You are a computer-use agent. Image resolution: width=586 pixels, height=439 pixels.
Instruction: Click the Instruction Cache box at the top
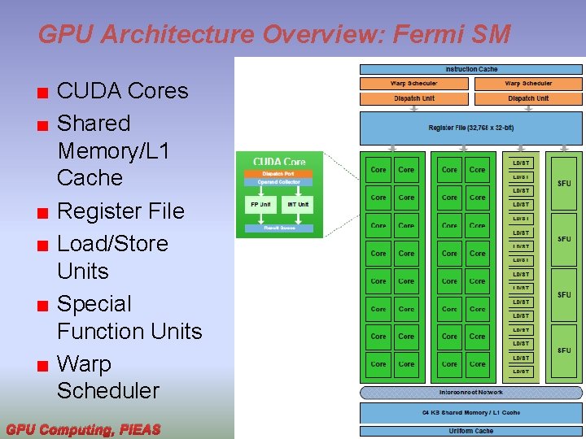point(471,69)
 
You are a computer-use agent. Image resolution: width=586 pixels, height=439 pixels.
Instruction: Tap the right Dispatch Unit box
point(528,98)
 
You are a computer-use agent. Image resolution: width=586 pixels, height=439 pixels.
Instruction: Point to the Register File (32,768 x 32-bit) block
point(471,128)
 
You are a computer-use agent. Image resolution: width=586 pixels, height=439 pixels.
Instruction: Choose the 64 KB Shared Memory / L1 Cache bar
point(471,413)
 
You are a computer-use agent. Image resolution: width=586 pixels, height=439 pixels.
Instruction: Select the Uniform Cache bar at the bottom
point(471,431)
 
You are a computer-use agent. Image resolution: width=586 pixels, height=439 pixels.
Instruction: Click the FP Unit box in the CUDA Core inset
point(260,204)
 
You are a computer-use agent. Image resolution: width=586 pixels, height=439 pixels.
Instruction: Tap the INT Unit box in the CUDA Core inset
point(298,204)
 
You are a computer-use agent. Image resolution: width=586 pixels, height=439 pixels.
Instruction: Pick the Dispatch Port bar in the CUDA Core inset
point(278,174)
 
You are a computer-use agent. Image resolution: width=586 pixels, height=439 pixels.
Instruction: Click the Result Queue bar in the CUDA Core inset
point(278,228)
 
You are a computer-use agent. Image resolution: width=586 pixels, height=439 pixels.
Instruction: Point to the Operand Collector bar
point(278,182)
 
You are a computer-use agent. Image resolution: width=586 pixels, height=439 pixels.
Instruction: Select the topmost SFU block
point(564,184)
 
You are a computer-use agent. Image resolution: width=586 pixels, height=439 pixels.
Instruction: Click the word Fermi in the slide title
point(431,34)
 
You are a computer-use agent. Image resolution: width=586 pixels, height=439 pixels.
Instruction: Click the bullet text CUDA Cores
point(122,91)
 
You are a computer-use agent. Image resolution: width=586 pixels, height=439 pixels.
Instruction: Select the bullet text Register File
point(120,211)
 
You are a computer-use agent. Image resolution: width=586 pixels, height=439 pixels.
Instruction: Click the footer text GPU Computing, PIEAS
point(83,428)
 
